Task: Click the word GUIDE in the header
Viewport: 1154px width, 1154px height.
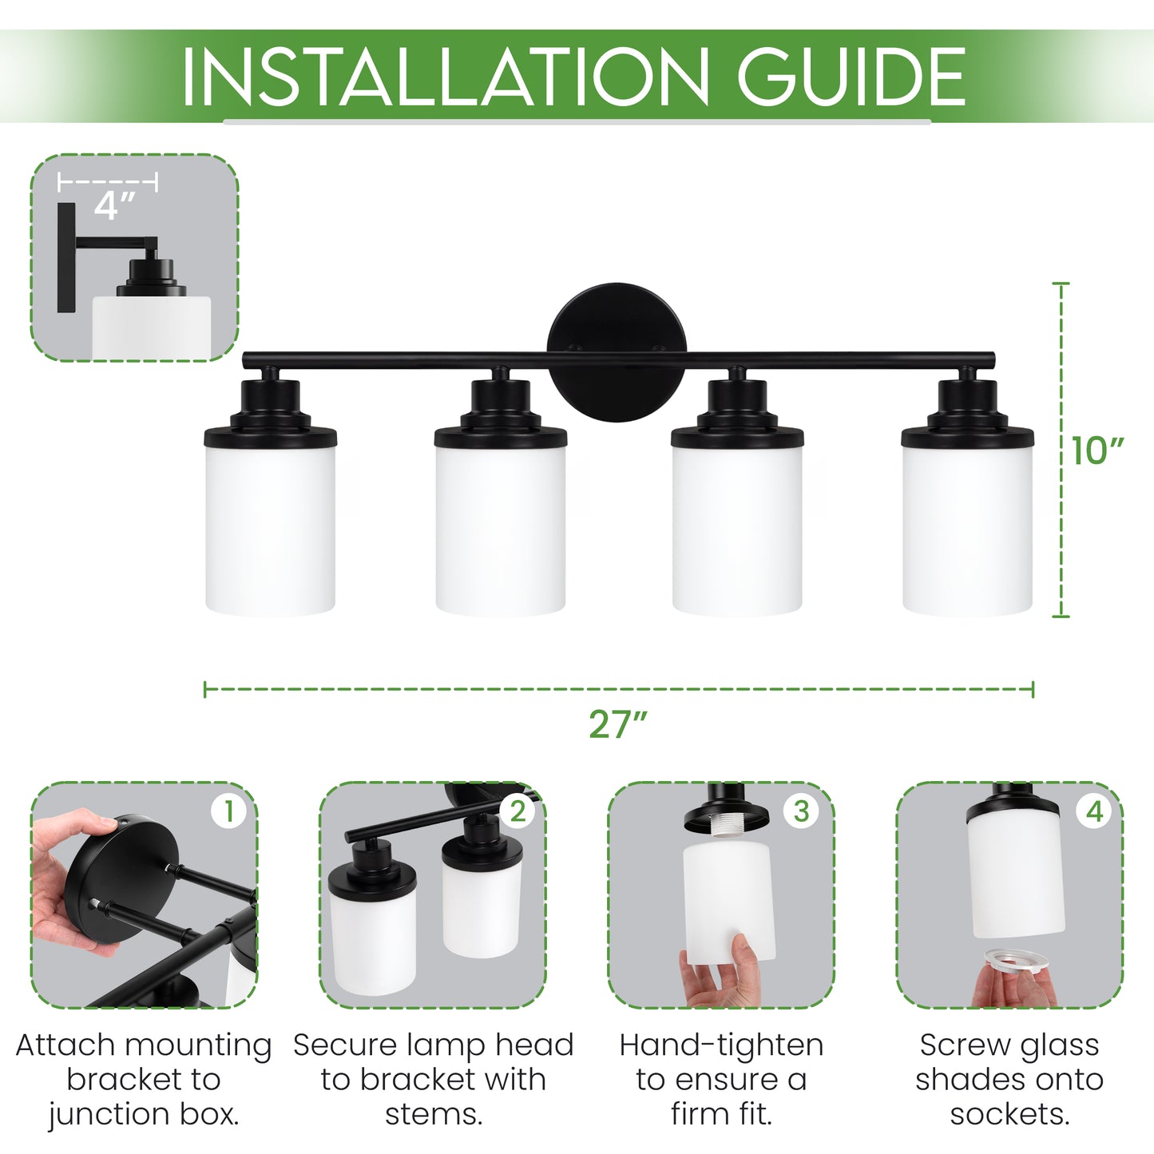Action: pyautogui.click(x=851, y=77)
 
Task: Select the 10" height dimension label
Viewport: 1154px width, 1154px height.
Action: pyautogui.click(x=1097, y=451)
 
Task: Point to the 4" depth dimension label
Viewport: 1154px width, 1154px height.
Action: pyautogui.click(x=114, y=206)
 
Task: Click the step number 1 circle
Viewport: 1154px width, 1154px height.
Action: pyautogui.click(x=228, y=811)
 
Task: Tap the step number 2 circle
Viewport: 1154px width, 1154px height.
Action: pyautogui.click(x=518, y=811)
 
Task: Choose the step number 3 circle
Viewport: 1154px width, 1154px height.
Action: pyautogui.click(x=801, y=811)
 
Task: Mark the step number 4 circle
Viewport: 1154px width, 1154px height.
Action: pyautogui.click(x=1094, y=811)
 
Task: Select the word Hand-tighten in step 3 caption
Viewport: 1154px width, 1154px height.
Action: pyautogui.click(x=721, y=1045)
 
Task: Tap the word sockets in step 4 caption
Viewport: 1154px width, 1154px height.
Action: pyautogui.click(x=1009, y=1114)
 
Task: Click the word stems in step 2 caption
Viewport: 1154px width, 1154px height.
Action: pyautogui.click(x=433, y=1114)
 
